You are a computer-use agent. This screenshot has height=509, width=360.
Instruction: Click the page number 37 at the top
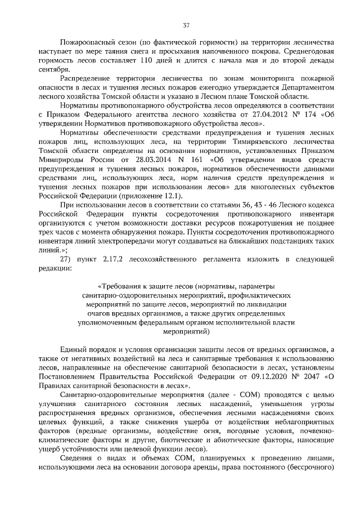pyautogui.click(x=186, y=25)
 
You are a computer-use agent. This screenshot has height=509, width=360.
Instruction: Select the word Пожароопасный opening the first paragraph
pyautogui.click(x=86, y=43)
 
